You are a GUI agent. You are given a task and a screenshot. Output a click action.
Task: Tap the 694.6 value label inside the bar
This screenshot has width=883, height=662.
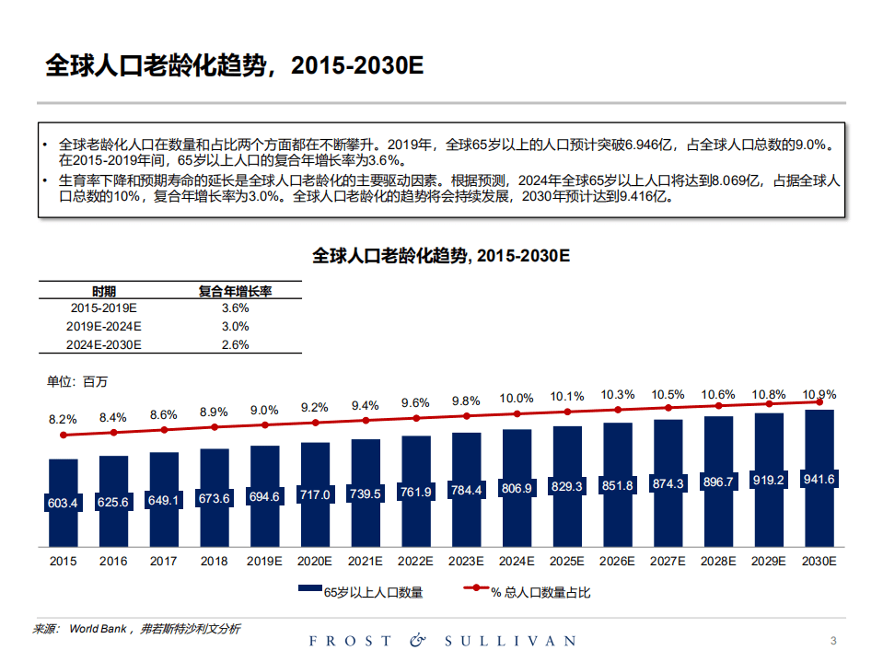click(x=264, y=496)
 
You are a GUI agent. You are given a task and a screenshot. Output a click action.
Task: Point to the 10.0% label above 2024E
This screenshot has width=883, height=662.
click(x=516, y=399)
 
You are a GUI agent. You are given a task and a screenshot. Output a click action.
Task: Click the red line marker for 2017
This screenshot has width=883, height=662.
click(x=164, y=429)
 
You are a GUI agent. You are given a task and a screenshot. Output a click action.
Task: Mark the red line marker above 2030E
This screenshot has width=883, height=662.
click(x=819, y=401)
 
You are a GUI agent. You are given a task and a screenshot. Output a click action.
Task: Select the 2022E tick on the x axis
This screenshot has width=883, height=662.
click(x=415, y=561)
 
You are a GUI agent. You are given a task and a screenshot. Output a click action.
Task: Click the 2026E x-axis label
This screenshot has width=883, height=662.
click(x=617, y=561)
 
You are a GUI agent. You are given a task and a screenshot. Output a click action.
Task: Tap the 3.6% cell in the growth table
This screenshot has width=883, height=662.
click(x=236, y=308)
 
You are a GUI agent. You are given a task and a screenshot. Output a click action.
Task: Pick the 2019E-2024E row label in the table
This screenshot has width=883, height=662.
click(x=104, y=327)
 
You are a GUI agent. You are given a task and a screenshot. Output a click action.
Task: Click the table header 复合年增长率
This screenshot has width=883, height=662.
click(x=236, y=291)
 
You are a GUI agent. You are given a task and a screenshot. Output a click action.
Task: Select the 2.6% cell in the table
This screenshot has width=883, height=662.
click(x=236, y=345)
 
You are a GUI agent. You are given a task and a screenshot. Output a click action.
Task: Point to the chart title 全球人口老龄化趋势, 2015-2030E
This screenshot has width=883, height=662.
click(x=441, y=255)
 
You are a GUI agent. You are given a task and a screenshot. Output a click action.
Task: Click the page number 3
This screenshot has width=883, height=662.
click(x=832, y=641)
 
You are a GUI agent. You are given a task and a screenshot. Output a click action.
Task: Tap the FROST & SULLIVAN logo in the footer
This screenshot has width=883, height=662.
click(x=442, y=641)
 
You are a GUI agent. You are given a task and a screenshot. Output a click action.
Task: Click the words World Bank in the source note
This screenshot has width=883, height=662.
click(x=98, y=629)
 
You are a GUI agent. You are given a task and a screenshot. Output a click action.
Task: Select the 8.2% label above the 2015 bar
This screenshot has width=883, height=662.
click(x=63, y=419)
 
